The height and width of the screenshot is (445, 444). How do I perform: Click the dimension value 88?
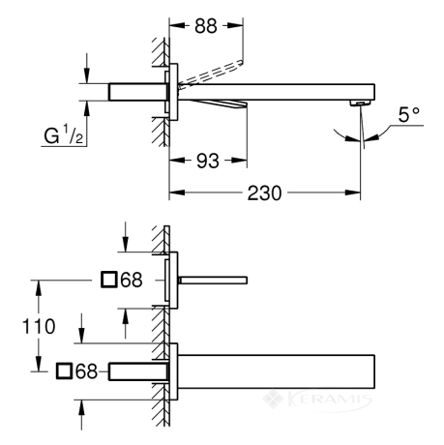(206, 26)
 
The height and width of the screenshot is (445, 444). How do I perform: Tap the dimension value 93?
(208, 161)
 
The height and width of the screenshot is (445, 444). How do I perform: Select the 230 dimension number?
(264, 193)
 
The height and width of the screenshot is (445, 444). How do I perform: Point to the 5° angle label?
(409, 114)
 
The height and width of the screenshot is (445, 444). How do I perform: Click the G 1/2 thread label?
(64, 135)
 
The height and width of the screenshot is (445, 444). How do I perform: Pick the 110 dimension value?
(39, 326)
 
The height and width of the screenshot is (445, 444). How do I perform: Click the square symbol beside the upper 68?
(108, 280)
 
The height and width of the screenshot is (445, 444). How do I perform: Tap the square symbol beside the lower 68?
(64, 371)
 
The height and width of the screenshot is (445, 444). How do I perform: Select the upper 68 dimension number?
(132, 280)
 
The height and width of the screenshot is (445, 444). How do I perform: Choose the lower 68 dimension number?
(86, 371)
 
